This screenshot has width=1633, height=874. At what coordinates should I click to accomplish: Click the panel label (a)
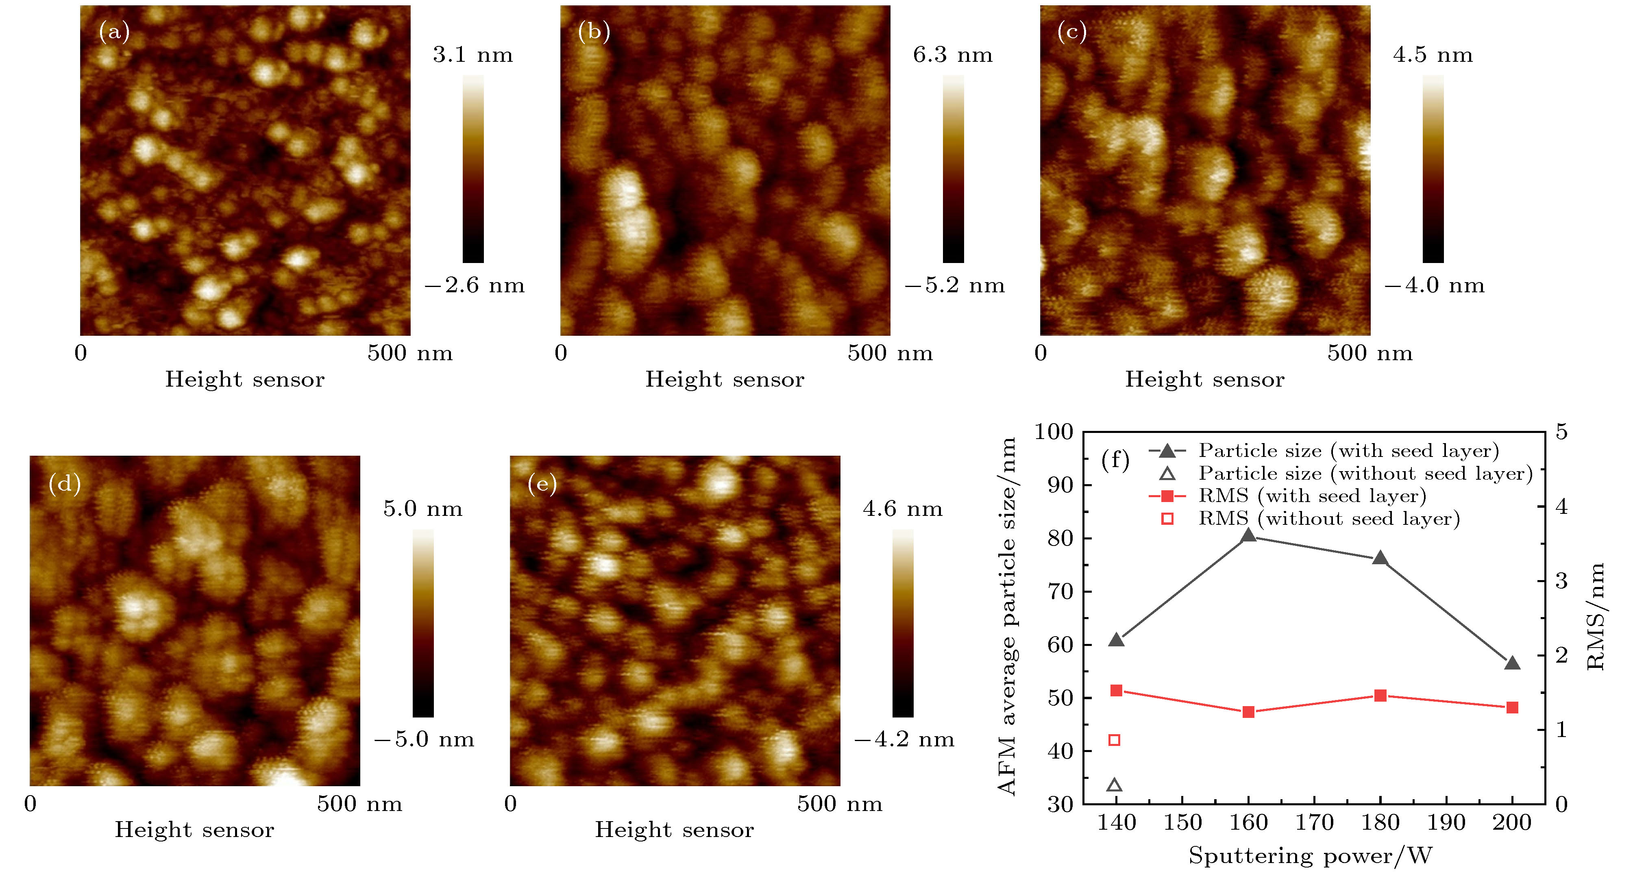(114, 31)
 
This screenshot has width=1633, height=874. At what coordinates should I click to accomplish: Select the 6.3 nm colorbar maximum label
(952, 55)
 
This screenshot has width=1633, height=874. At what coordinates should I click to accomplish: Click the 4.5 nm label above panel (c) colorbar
(1432, 55)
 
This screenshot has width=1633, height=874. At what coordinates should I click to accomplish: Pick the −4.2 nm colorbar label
(904, 739)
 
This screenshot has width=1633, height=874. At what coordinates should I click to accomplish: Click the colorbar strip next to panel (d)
(423, 623)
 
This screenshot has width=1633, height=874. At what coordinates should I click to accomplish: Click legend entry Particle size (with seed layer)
(1348, 451)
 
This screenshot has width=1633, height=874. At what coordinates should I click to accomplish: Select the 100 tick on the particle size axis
(1054, 432)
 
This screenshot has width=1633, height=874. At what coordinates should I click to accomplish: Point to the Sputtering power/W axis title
(1310, 856)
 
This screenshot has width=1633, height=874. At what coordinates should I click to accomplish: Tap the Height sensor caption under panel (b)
(725, 380)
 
